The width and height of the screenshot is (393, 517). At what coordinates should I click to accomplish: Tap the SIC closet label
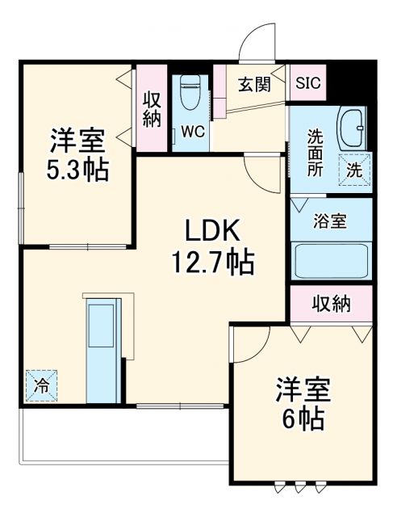click(307, 82)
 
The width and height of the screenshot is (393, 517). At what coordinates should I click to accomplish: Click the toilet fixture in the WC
click(191, 93)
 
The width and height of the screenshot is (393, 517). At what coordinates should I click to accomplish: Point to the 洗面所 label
click(314, 153)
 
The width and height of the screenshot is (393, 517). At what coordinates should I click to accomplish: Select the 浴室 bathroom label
click(330, 221)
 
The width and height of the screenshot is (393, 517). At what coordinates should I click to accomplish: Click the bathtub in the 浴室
click(330, 261)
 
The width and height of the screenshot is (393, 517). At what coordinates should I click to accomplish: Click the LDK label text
click(212, 231)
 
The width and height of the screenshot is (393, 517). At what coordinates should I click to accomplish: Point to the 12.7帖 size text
click(212, 262)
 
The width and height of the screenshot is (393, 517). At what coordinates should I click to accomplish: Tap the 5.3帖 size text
click(77, 171)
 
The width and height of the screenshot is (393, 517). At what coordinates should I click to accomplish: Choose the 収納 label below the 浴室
click(331, 304)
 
